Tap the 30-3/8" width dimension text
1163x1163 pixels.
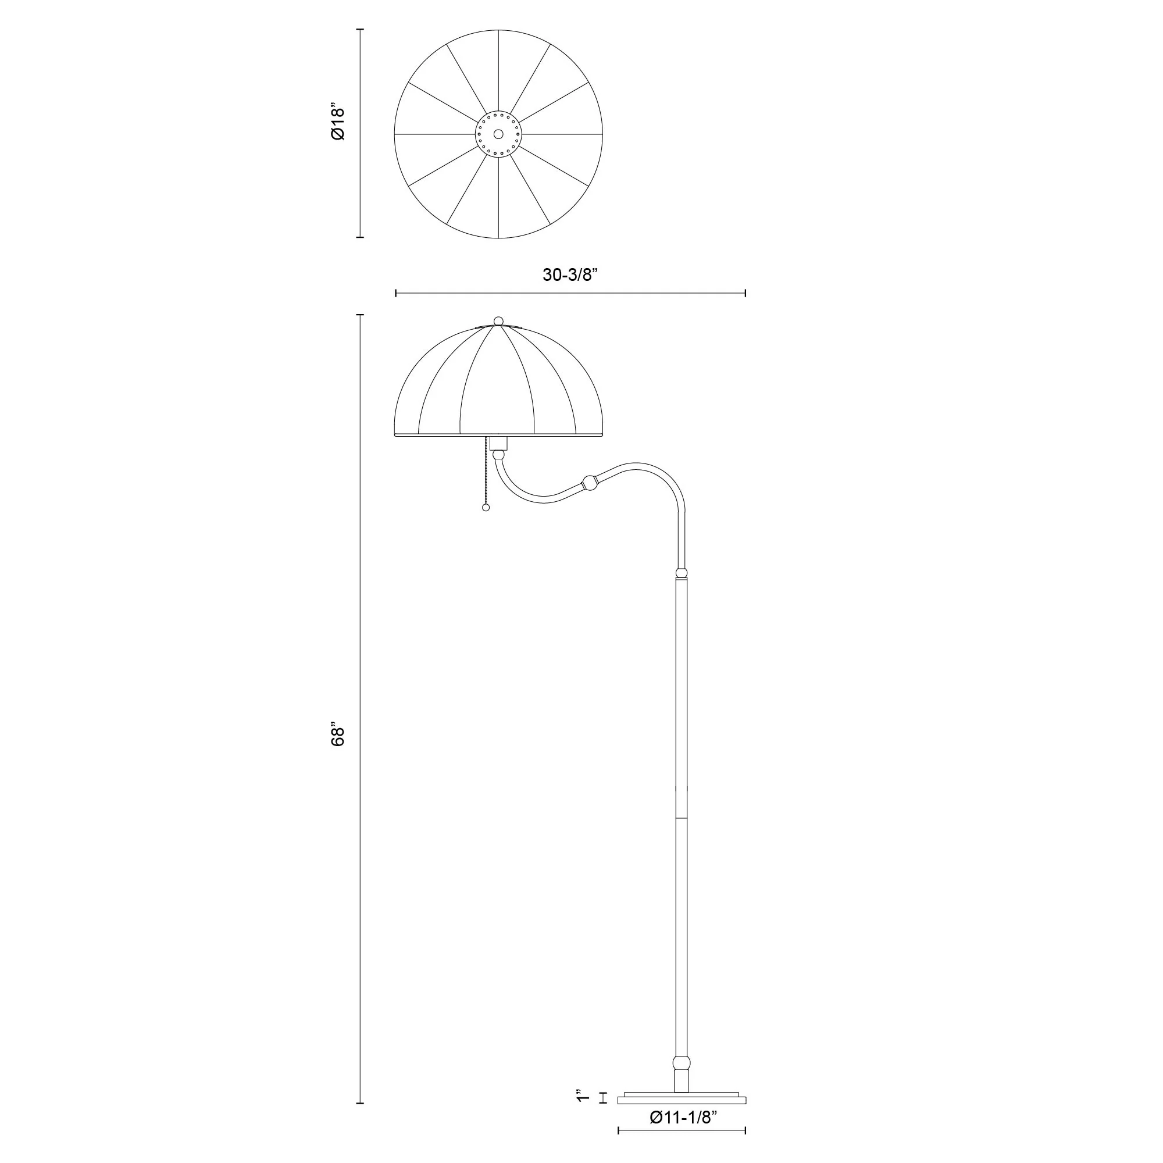click(569, 275)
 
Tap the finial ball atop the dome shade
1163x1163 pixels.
click(498, 320)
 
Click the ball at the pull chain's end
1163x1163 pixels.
click(486, 508)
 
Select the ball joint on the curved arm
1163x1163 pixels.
click(589, 482)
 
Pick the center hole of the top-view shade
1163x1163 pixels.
click(498, 134)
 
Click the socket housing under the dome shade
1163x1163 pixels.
click(498, 444)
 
